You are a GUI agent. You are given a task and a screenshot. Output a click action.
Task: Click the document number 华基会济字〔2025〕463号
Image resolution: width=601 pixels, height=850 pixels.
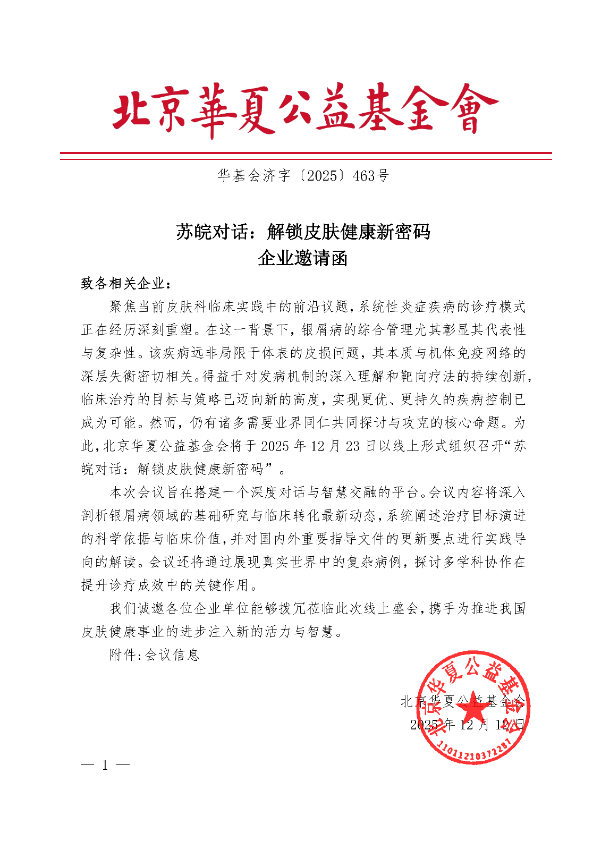tap(303, 176)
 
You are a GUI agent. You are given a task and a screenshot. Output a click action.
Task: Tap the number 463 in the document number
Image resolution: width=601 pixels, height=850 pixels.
tap(365, 176)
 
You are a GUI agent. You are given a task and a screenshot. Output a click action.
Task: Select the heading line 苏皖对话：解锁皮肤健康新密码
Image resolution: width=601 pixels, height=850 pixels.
tap(303, 232)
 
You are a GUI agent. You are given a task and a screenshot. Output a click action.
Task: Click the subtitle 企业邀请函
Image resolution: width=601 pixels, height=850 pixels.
tap(303, 258)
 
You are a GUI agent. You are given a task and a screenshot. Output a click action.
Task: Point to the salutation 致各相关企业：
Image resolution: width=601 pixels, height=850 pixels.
tap(126, 284)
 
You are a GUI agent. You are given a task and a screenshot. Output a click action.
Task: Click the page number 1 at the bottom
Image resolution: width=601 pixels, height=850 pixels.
tap(105, 766)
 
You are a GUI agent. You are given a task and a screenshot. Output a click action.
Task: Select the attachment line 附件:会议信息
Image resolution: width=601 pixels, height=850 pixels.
tap(154, 655)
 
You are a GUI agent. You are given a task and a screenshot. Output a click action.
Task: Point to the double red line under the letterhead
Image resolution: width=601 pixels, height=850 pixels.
tap(306, 156)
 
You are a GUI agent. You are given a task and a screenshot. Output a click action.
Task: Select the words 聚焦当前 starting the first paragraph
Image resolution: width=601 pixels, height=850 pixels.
tap(137, 307)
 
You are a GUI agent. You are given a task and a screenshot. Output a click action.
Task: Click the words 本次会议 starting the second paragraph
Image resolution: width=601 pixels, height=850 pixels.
tap(137, 492)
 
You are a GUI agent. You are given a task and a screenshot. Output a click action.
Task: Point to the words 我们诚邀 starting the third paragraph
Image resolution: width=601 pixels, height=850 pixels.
tap(137, 608)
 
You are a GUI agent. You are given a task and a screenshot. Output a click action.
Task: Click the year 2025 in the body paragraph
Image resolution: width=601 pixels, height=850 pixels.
tap(275, 446)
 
